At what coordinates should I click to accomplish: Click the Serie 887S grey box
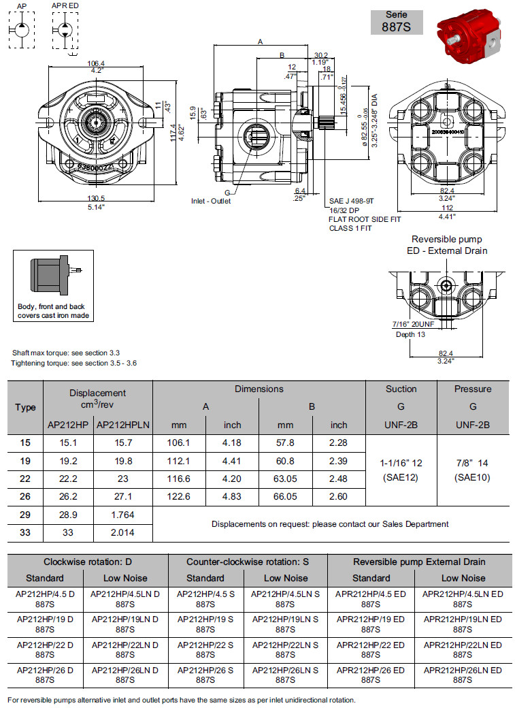click(397, 22)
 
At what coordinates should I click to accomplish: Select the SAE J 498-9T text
click(352, 202)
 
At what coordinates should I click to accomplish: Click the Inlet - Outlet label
click(211, 201)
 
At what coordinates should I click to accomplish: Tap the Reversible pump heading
click(447, 240)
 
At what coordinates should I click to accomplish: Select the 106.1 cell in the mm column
click(179, 442)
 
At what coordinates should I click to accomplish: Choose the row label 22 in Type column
click(25, 479)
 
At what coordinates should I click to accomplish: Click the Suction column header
click(401, 389)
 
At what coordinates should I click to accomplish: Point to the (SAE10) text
click(472, 477)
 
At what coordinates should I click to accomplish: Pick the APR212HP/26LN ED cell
click(463, 675)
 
